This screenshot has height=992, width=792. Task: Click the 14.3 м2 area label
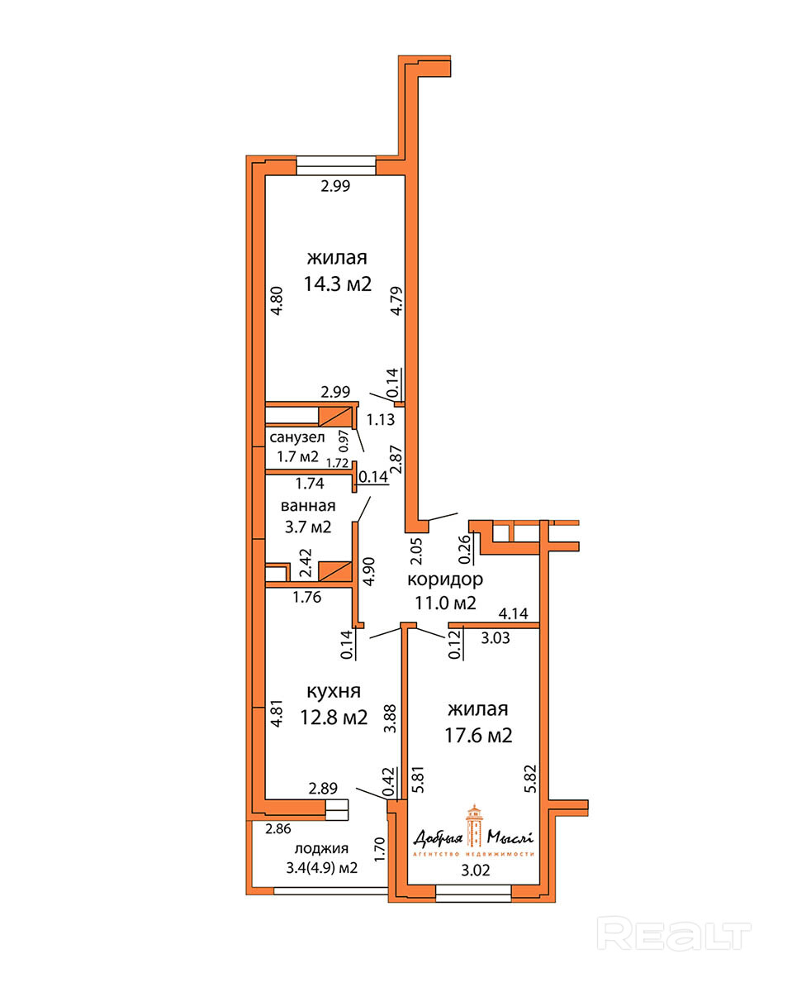(337, 284)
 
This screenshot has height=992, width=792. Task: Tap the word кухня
(334, 691)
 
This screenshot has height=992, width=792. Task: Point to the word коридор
(445, 579)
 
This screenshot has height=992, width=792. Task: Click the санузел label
(297, 437)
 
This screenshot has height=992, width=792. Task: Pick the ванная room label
(308, 506)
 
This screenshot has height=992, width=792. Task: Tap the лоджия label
(322, 848)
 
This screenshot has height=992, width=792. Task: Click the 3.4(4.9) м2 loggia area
(322, 869)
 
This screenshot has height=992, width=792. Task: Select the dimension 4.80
(277, 301)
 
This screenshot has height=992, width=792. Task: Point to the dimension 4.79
(396, 301)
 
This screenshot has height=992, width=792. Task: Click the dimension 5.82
(530, 779)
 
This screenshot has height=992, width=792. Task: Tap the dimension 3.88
(391, 718)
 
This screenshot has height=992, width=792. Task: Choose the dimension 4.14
(514, 613)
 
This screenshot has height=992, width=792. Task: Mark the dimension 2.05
(416, 551)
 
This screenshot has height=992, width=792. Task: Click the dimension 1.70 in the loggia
(379, 850)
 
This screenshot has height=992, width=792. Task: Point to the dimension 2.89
(323, 789)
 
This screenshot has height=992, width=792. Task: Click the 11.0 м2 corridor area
(445, 603)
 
